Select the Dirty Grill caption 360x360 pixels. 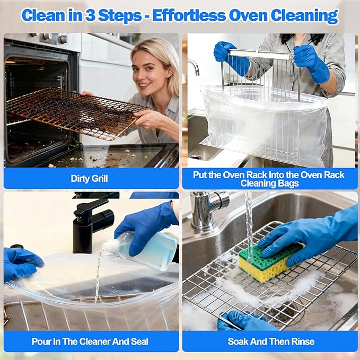pyautogui.click(x=89, y=179)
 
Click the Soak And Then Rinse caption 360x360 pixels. pyautogui.click(x=271, y=341)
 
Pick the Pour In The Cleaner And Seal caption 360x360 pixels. pyautogui.click(x=90, y=341)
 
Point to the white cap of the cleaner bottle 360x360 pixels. pyautogui.click(x=110, y=245)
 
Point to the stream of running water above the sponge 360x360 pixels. pyautogui.click(x=249, y=223)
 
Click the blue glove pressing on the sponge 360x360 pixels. pyautogui.click(x=313, y=233)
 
